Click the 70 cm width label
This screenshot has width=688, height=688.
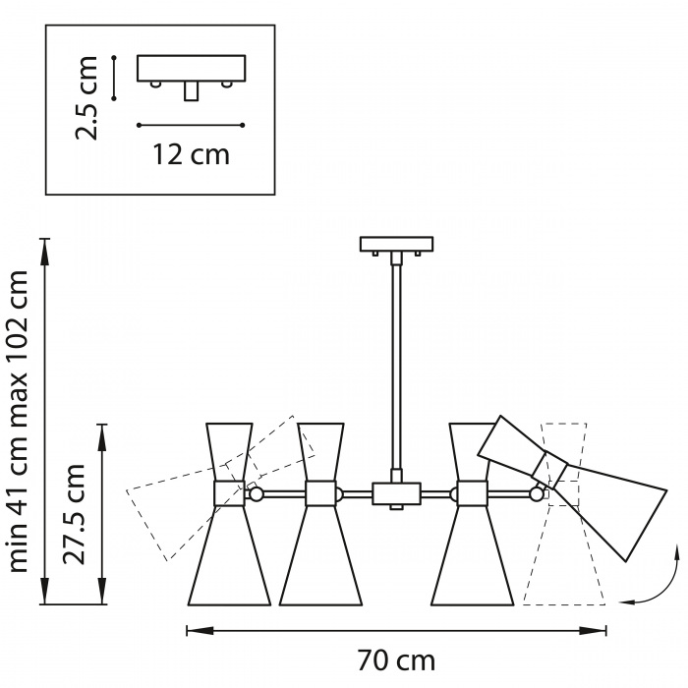[397, 660]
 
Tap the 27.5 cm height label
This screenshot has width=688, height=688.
[74, 514]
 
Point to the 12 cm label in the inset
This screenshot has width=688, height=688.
[191, 154]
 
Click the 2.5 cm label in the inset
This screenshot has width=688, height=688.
[86, 98]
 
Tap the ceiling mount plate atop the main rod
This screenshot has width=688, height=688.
[397, 245]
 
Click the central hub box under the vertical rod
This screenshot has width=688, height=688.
[397, 493]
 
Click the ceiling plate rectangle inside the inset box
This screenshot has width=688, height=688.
[192, 68]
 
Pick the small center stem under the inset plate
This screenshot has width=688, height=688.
[191, 91]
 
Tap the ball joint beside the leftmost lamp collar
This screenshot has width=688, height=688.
[256, 494]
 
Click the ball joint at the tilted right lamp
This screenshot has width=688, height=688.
[537, 494]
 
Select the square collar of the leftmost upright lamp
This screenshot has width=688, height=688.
[229, 493]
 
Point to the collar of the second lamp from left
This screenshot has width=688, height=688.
[320, 493]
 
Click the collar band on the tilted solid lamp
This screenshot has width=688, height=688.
[549, 469]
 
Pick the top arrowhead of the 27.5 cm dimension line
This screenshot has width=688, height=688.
[102, 438]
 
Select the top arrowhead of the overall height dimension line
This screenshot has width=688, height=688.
[44, 253]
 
